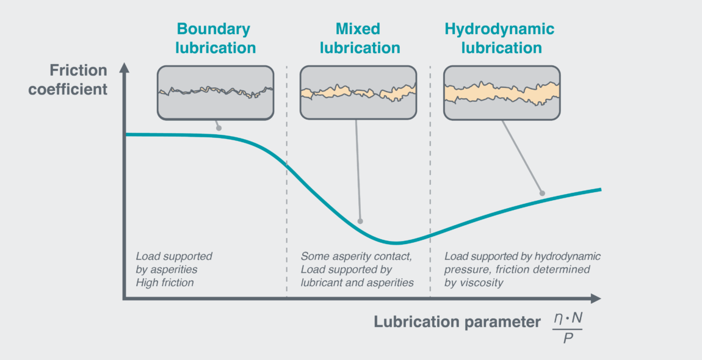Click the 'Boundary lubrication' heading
click(x=214, y=38)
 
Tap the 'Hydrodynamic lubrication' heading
click(x=500, y=38)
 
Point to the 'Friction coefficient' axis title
click(x=78, y=79)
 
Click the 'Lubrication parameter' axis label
click(x=457, y=322)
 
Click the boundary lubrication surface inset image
click(x=215, y=92)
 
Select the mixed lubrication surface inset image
click(x=358, y=92)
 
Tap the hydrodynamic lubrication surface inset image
click(x=502, y=92)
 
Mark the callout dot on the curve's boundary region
click(x=219, y=128)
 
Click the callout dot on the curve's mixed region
click(x=361, y=221)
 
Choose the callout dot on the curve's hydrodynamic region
click(x=542, y=193)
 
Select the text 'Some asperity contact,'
click(x=356, y=256)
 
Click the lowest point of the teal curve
click(x=396, y=243)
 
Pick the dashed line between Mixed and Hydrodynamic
click(x=430, y=183)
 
